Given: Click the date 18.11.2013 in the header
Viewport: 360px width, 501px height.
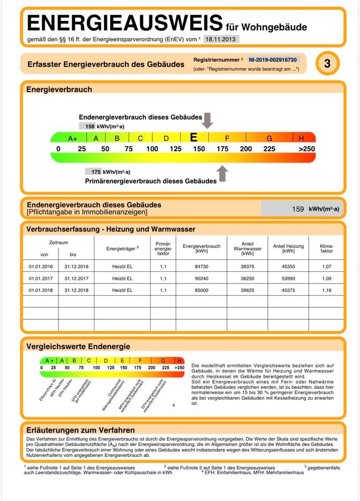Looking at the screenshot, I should point(221,39).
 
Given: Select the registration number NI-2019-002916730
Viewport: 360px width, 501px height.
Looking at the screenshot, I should point(272,60).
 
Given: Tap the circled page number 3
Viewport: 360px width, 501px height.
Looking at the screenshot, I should point(327,64).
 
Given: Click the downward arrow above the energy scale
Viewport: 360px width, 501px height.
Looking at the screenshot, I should point(208,120).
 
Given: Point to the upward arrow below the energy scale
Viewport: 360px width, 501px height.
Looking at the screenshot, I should point(223,173).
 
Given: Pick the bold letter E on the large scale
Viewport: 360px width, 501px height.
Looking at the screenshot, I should point(194,138).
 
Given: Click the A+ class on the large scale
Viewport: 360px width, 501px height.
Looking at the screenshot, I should point(73,138).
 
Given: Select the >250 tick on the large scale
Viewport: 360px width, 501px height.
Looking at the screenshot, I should point(306,149).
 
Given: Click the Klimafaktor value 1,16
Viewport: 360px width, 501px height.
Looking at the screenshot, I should point(326,290).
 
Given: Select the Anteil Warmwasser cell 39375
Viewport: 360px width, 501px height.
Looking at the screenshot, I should point(248,266).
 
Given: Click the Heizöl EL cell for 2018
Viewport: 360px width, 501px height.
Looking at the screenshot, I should point(123,290).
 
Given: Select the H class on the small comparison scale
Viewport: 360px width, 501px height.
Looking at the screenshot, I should point(179,360).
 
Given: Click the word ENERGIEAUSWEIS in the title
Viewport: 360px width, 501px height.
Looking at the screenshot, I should point(124,23).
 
